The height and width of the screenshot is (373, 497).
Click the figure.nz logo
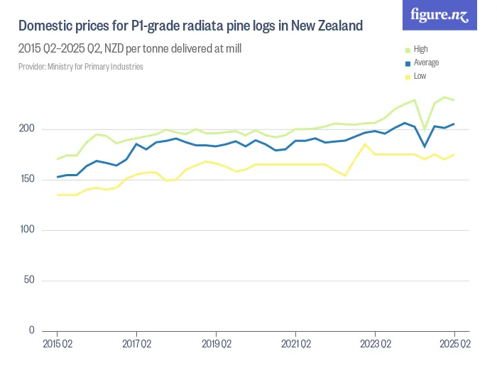click(x=440, y=15)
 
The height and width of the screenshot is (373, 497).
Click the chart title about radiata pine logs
click(x=190, y=26)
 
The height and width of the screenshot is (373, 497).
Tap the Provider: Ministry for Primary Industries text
click(x=81, y=67)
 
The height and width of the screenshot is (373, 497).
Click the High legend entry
click(x=420, y=50)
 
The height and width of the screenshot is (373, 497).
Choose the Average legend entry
click(x=425, y=63)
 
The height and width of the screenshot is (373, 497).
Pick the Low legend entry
click(x=420, y=75)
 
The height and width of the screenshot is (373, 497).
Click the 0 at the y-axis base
click(x=32, y=330)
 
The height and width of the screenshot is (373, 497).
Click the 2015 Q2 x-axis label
click(x=57, y=345)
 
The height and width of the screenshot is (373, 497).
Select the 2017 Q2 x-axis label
click(x=136, y=345)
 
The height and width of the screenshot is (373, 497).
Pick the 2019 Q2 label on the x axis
click(x=216, y=345)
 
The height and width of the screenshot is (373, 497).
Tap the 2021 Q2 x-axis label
click(x=295, y=345)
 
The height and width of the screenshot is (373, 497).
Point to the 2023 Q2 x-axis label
click(x=375, y=345)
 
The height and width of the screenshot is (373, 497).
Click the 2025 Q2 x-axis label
click(x=454, y=345)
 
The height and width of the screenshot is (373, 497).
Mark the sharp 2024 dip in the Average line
click(x=425, y=146)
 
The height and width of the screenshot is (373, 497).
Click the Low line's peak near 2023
click(x=365, y=144)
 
